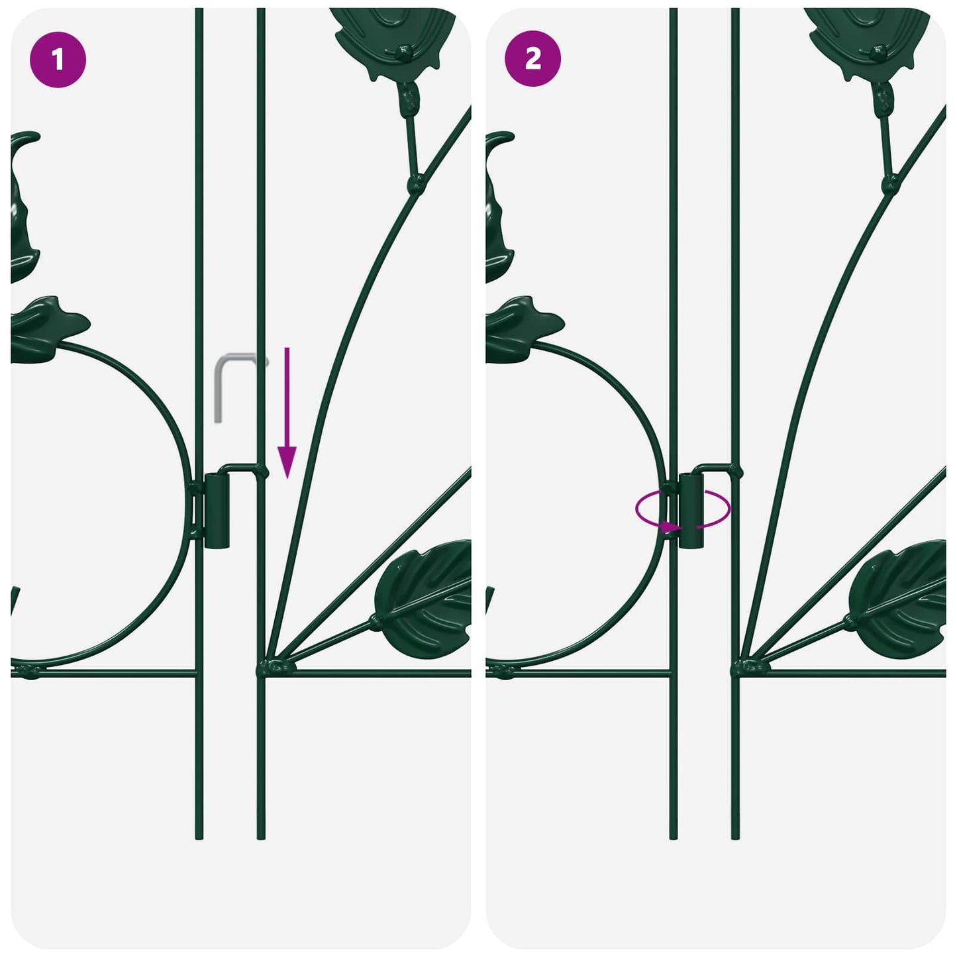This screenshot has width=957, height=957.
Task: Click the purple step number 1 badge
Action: click(x=58, y=60)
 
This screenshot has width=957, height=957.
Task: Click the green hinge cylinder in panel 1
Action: click(x=217, y=511)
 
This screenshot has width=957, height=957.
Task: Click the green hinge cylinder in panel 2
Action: click(x=691, y=511)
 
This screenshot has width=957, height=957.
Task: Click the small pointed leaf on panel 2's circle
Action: click(x=524, y=328)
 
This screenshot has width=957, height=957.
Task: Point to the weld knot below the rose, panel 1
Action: click(x=416, y=184)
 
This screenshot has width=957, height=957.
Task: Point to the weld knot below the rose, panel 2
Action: click(x=891, y=184)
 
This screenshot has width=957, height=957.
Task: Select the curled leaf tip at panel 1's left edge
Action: click(x=25, y=137)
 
